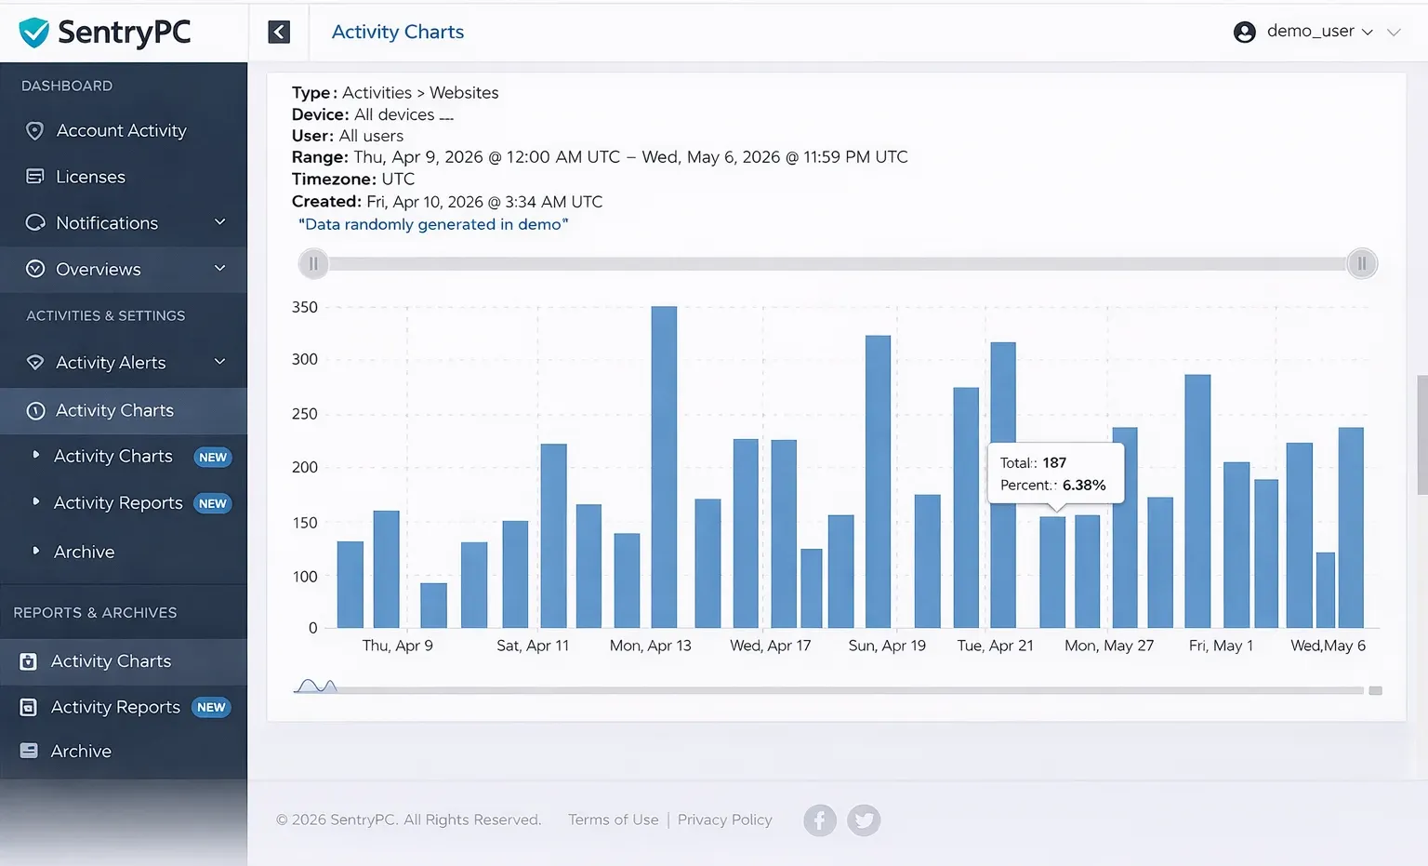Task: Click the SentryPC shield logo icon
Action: [34, 33]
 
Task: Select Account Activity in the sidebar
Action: [121, 131]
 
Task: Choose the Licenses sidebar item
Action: [90, 177]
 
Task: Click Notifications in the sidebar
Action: [107, 223]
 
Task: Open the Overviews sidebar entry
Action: [99, 270]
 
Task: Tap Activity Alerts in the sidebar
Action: [111, 363]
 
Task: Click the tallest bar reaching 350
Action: [664, 465]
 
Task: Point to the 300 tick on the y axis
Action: [305, 360]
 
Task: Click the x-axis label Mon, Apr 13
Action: [650, 646]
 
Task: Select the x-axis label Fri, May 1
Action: [1221, 646]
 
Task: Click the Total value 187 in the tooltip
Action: [1054, 463]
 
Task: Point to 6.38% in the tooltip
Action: [1084, 486]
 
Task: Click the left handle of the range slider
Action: [313, 264]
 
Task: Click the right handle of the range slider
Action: [1361, 264]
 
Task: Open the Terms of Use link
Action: [613, 819]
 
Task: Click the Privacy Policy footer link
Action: [724, 819]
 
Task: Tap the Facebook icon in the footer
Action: [819, 820]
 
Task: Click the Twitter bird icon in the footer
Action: [864, 820]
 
